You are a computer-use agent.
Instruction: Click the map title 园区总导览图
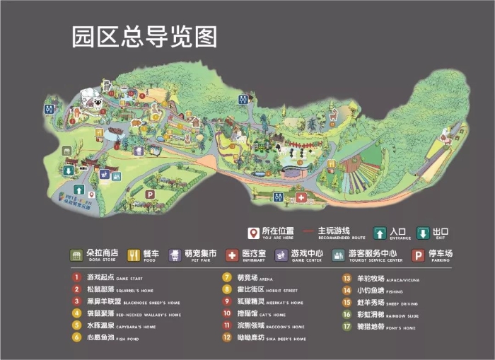[x=144, y=37]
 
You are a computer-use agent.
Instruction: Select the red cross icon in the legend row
[x=232, y=255]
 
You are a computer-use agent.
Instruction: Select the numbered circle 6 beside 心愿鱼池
[x=76, y=337]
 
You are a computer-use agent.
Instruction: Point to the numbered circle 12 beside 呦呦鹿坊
[x=226, y=338]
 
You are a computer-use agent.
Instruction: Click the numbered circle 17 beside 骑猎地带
[x=346, y=326]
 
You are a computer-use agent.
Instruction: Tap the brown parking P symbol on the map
[x=149, y=194]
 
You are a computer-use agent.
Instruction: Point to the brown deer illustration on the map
[x=135, y=124]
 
